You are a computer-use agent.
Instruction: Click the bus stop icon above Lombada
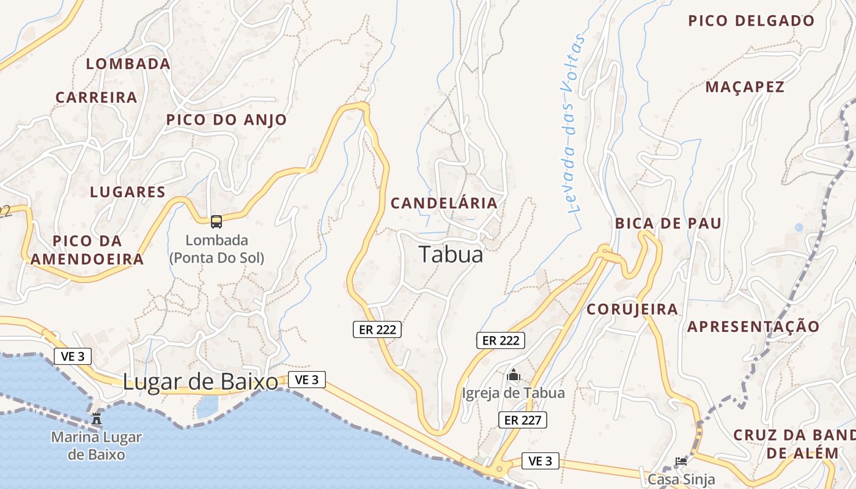tap(216, 221)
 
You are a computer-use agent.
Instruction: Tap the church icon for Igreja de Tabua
tap(514, 375)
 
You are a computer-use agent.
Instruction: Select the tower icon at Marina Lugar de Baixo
tap(97, 419)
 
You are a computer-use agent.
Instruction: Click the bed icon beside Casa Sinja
tap(681, 461)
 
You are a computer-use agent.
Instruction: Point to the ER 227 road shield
tap(522, 420)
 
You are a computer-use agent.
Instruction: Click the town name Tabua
tap(451, 255)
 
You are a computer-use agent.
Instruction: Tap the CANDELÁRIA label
tap(444, 203)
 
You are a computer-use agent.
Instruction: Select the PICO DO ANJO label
tap(226, 120)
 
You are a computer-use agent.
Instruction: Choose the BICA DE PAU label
tap(668, 223)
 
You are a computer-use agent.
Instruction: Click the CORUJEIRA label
tap(632, 309)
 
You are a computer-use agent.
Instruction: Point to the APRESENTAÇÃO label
tap(753, 326)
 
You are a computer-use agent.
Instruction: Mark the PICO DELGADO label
tap(751, 21)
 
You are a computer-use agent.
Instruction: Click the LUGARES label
tap(128, 192)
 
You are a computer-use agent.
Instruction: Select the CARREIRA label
tap(96, 97)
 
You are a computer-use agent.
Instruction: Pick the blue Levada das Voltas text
tap(572, 122)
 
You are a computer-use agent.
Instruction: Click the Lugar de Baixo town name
tap(201, 382)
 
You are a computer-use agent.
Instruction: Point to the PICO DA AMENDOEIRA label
tap(87, 249)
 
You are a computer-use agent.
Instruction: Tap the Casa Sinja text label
tap(682, 479)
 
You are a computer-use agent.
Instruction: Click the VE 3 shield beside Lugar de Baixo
tap(306, 380)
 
